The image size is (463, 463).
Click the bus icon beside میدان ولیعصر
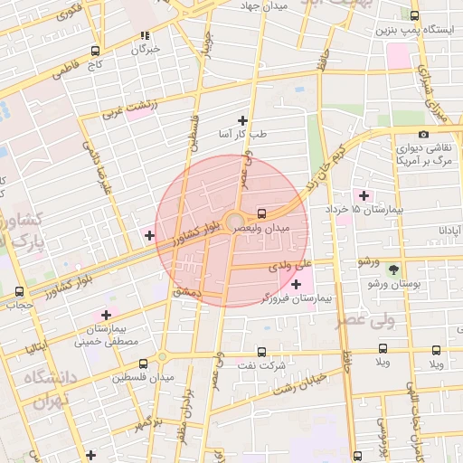261,214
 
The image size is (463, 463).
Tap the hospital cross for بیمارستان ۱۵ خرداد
364,195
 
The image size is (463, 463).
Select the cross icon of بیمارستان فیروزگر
296,285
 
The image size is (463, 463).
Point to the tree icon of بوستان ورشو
393,269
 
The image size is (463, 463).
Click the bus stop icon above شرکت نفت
262,352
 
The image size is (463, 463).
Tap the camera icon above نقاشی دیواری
423,135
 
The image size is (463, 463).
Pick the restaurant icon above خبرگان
144,36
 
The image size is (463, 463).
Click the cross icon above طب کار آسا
241,120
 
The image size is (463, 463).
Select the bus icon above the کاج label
96,52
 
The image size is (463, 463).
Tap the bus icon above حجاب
20,291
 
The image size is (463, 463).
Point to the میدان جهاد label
264,7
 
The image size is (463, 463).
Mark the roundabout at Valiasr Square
234,221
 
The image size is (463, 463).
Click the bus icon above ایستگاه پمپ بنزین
414,15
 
